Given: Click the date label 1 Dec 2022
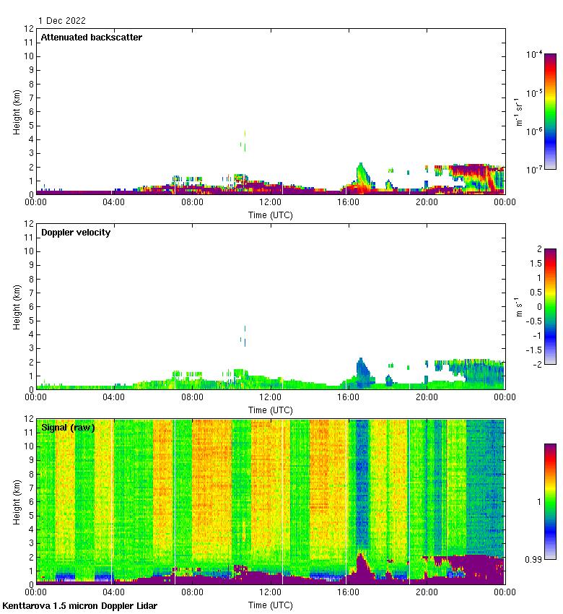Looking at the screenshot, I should pos(61,21).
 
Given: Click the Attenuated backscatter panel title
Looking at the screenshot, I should pos(91,38).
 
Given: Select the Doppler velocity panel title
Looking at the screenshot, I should pos(76,233).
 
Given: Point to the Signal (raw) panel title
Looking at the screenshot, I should pos(68,428).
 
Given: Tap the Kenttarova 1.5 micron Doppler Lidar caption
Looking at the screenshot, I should pos(79,605).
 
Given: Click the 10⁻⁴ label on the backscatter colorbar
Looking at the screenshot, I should pos(534,54).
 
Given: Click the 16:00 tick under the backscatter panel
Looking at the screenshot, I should pos(348,202).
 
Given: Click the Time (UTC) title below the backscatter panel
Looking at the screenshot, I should pos(271,215).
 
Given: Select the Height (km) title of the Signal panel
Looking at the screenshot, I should pos(16,501).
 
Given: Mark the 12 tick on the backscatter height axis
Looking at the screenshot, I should pos(30,29).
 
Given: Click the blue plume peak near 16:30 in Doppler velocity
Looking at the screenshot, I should pos(360,360).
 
